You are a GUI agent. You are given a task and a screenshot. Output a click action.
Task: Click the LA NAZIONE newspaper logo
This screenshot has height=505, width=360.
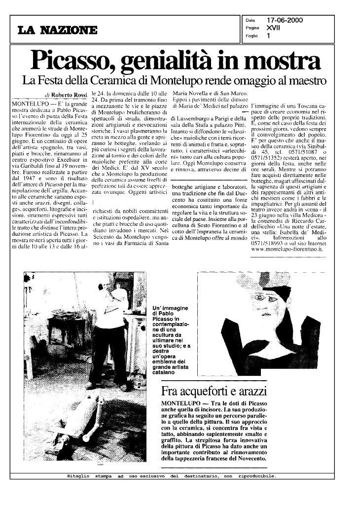point(58,31)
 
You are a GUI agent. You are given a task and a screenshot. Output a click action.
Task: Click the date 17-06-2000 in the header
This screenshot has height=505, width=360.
point(284,20)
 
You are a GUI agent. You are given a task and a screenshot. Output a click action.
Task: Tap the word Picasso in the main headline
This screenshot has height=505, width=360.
point(72,61)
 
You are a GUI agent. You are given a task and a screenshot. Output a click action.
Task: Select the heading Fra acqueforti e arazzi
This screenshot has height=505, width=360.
point(214,392)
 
